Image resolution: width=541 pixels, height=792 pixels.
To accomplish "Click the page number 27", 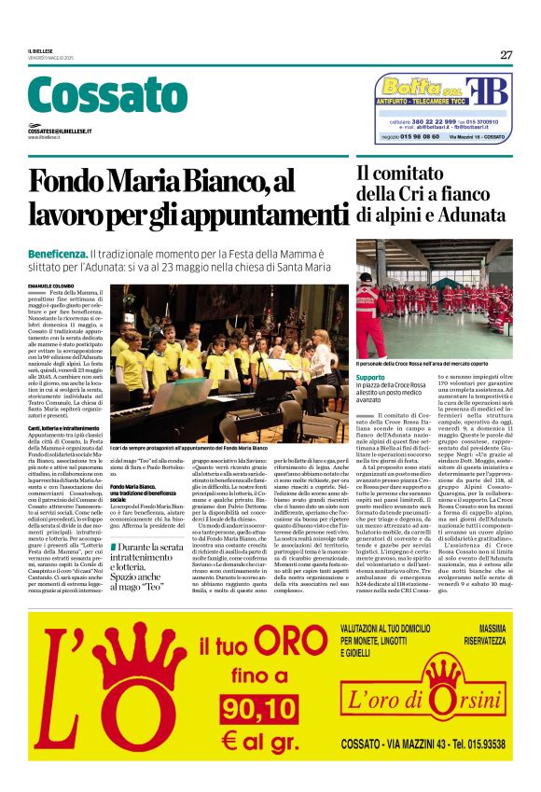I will [506, 55].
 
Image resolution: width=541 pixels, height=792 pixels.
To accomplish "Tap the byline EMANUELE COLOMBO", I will [49, 285].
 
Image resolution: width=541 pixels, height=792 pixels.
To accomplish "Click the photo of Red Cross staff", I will [434, 298].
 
